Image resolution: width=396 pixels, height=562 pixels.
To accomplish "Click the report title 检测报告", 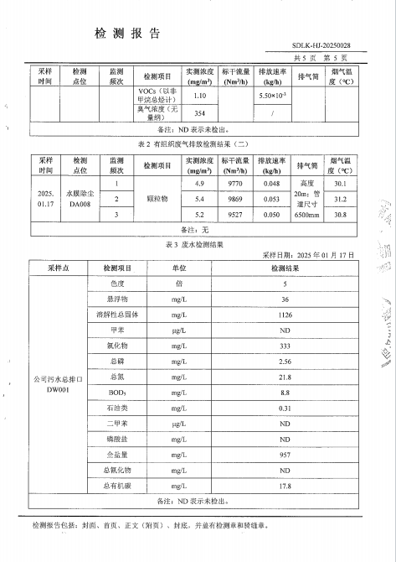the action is (x=127, y=34).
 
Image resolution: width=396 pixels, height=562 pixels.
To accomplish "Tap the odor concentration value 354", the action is (x=199, y=112).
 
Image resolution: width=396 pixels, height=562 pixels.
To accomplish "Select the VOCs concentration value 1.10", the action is (x=199, y=96).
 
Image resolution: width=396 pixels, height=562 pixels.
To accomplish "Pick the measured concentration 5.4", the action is (x=199, y=199).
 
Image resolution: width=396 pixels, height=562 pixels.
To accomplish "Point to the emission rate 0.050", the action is (x=271, y=215).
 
